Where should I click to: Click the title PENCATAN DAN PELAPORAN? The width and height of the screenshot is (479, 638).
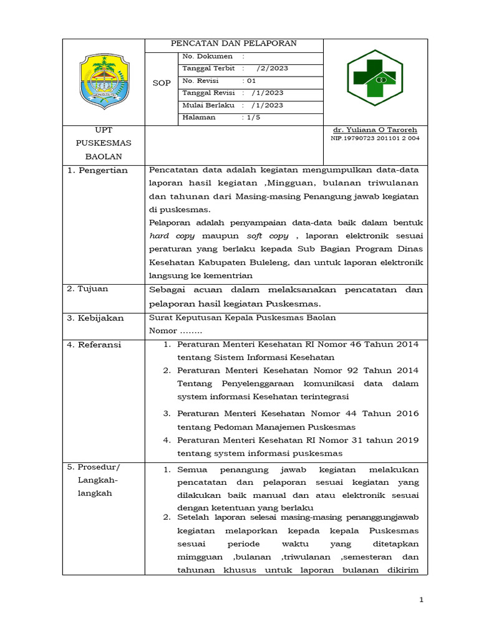pyautogui.click(x=234, y=44)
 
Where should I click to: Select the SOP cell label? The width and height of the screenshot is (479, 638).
pyautogui.click(x=162, y=83)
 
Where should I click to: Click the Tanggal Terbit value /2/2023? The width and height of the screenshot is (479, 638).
pyautogui.click(x=272, y=69)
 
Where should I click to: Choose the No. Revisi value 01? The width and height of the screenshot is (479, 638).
pyautogui.click(x=251, y=81)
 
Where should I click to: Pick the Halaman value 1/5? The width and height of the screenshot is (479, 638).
pyautogui.click(x=252, y=117)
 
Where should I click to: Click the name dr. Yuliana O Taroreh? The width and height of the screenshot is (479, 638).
pyautogui.click(x=375, y=130)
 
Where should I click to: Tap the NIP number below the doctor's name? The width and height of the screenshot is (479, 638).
pyautogui.click(x=375, y=138)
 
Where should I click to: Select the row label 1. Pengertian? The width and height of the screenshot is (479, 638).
pyautogui.click(x=97, y=170)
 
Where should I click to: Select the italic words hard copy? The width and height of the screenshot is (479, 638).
pyautogui.click(x=172, y=236)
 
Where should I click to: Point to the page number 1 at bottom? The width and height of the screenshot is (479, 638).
pyautogui.click(x=422, y=600)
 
